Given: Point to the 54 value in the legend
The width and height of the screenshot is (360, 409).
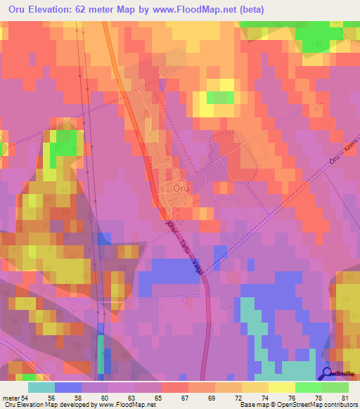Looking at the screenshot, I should pos(23,398).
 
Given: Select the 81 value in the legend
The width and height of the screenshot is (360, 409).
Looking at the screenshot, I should pos(344,398).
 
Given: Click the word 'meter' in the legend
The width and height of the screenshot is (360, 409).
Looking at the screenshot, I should pos(9,398).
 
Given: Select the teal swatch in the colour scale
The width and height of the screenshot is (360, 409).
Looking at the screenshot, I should pos(41,387).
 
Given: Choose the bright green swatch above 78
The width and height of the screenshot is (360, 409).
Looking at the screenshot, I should pos(309,387).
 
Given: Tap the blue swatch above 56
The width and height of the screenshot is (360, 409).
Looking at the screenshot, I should pos(68,387).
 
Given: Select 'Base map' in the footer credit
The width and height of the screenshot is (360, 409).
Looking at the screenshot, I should pos(253,405).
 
